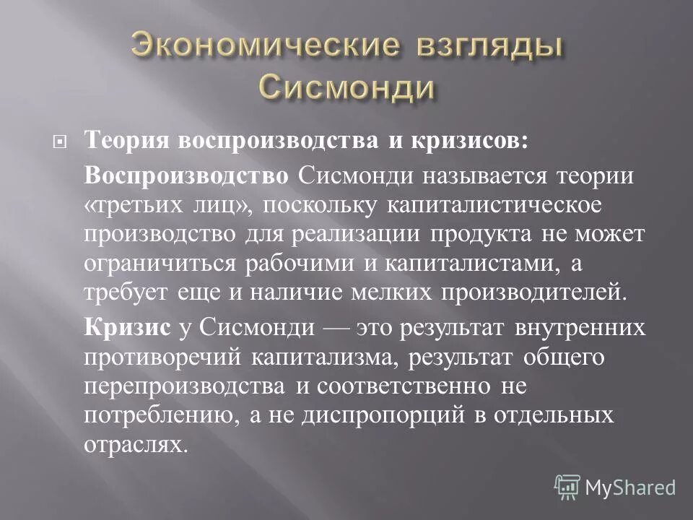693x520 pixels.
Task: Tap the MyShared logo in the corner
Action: [615, 487]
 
